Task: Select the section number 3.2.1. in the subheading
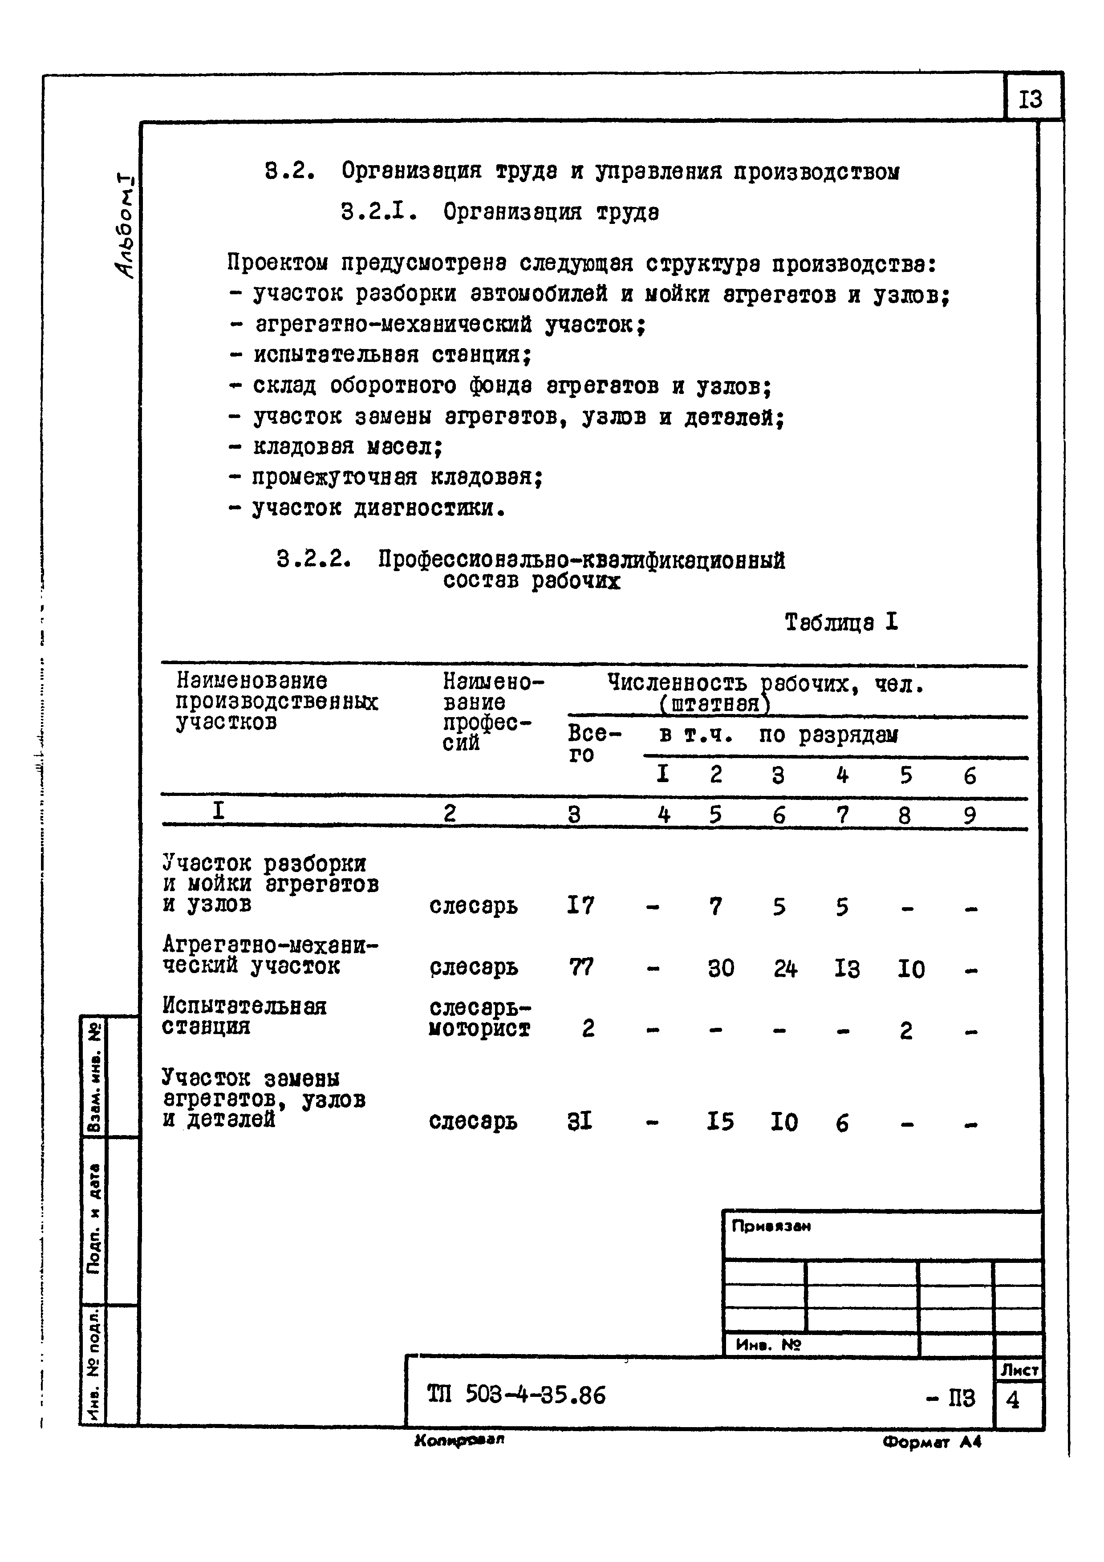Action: point(378,212)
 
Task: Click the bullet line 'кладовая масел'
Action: point(347,447)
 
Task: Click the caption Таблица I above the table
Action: point(841,622)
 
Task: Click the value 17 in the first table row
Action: point(580,905)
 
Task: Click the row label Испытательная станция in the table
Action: point(244,1016)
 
